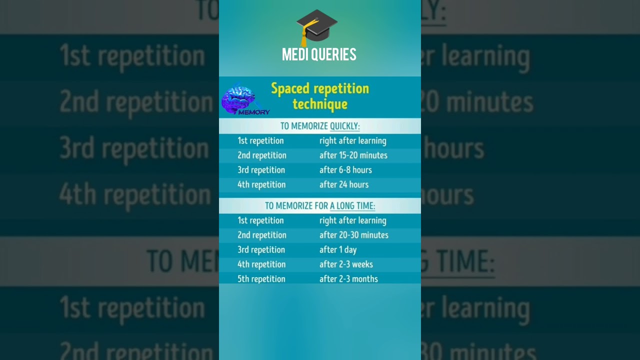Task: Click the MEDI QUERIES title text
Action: pos(319,54)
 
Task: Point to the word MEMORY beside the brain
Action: pos(254,112)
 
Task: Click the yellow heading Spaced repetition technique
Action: pos(320,96)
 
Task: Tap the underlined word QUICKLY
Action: pos(344,126)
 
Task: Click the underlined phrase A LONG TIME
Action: pos(352,205)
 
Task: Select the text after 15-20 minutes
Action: pos(353,155)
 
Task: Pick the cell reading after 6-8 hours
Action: pos(345,170)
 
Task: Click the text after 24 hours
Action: pos(344,184)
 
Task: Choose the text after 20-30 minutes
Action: pos(354,235)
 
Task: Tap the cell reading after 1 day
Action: pos(338,249)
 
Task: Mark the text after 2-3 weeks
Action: pos(346,264)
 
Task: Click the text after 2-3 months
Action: pos(348,279)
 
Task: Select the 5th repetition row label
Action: pos(261,279)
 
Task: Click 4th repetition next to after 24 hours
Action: pos(261,184)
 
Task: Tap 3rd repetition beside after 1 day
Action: pos(261,249)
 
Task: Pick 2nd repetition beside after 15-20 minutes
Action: pos(262,155)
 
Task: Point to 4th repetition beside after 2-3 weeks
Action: pos(261,264)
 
